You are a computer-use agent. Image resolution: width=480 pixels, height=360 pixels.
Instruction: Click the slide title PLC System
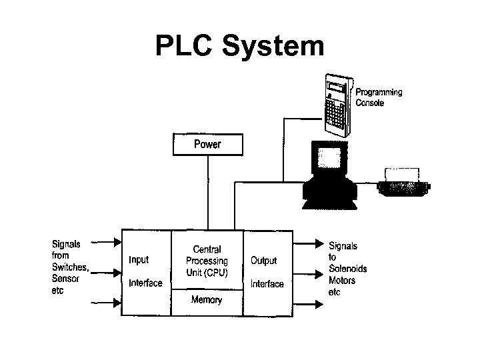(239, 47)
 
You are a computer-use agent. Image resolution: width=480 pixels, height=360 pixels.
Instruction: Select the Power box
(207, 145)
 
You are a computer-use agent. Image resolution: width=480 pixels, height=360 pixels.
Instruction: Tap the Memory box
(207, 301)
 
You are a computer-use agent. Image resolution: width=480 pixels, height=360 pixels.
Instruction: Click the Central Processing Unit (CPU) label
(207, 261)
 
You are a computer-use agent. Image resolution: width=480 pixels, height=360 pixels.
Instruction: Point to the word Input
(139, 260)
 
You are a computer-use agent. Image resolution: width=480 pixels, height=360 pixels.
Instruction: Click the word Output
(263, 260)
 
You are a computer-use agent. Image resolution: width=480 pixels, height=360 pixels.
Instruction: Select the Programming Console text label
(378, 97)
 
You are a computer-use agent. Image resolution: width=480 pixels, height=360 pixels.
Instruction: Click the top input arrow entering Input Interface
(107, 241)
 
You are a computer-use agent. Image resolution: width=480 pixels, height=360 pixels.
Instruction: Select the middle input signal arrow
(107, 271)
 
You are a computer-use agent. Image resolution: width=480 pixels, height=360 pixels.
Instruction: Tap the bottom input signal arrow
(107, 302)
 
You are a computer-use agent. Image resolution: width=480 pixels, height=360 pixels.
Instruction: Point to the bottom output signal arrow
(307, 304)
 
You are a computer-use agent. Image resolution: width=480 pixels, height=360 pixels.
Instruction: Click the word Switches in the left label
(69, 267)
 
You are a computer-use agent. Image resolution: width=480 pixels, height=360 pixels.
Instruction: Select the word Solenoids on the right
(347, 269)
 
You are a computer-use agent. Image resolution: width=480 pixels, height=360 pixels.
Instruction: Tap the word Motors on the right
(342, 280)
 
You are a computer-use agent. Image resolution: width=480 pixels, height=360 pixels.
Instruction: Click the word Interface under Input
(145, 283)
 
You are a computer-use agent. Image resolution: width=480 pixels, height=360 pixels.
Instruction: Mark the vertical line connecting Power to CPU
(208, 193)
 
